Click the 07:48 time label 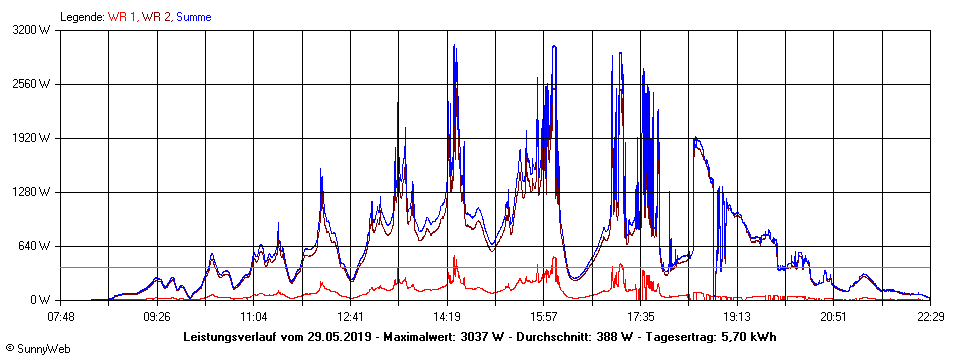61,316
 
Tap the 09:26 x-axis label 157,316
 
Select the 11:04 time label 254,316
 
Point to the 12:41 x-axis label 350,316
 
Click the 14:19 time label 447,316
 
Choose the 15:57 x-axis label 543,316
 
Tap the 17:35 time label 640,316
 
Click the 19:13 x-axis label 736,316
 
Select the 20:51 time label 833,316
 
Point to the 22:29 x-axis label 929,316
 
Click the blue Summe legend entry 193,17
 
